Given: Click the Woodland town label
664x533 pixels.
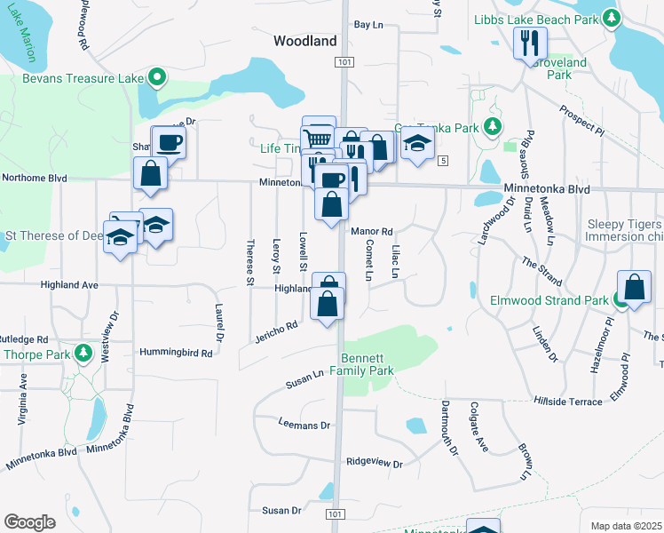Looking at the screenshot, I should tap(304, 41).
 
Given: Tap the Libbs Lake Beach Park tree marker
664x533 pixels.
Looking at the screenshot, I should tap(611, 18).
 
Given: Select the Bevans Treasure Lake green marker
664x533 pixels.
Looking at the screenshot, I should tap(157, 78).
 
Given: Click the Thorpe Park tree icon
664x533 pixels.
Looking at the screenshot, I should tap(83, 354).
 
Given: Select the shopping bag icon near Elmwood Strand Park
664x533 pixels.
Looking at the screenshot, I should tap(634, 287).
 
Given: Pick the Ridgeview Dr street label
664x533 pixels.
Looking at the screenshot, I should tap(374, 464).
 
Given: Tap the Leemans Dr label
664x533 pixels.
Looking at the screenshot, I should tap(304, 426).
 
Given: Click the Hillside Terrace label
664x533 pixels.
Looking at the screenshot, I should tap(567, 402).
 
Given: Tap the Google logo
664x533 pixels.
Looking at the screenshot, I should tap(28, 522).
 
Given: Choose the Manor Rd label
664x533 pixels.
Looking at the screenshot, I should tap(371, 232).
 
